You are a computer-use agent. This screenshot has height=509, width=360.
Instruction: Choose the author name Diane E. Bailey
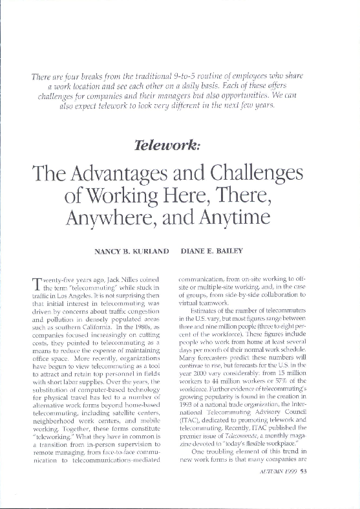tap(219, 250)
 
